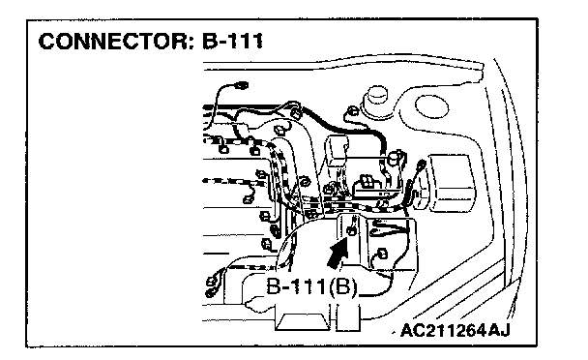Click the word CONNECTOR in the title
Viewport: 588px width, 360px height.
pos(113,42)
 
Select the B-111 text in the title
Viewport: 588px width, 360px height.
pos(232,42)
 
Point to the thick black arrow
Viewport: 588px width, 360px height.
pos(338,255)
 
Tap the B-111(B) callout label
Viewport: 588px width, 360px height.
pos(311,287)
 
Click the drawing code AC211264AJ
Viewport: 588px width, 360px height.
pos(456,330)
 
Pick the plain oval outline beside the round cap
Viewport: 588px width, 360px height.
pos(431,106)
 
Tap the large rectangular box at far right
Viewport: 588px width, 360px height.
pos(452,183)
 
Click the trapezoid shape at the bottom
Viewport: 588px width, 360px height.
pos(302,322)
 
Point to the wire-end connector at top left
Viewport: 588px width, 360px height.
pos(240,85)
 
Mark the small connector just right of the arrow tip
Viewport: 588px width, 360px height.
pos(382,254)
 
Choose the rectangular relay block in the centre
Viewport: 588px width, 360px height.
pos(337,150)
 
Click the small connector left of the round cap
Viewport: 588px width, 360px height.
pos(351,111)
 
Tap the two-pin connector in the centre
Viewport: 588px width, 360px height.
pos(366,181)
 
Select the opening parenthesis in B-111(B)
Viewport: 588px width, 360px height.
pos(325,287)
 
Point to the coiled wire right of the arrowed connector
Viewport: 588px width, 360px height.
pos(389,228)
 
